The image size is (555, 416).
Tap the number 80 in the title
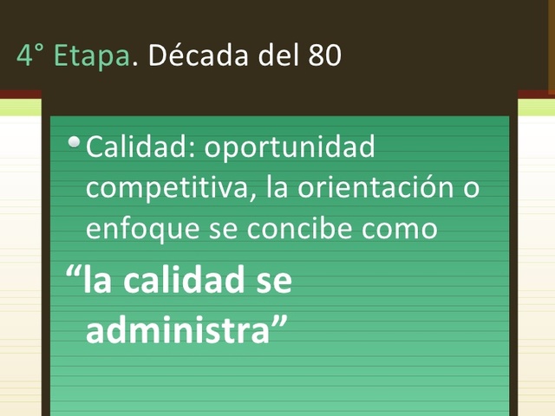[x=323, y=56]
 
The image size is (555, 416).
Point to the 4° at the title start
[x=29, y=56]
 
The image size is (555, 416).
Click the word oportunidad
[x=290, y=147]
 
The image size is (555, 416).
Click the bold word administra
[x=179, y=330]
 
